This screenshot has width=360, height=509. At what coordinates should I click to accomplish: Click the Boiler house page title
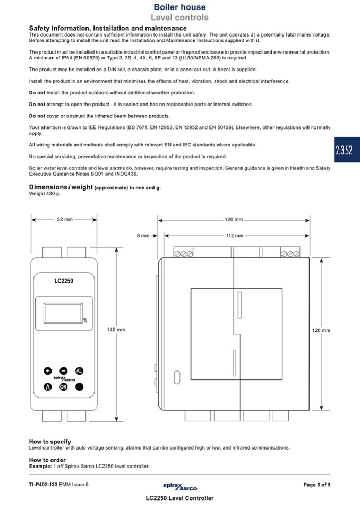tap(179, 7)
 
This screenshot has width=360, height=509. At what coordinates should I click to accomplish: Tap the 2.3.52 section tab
tap(344, 150)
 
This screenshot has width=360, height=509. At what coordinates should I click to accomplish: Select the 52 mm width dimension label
tap(64, 219)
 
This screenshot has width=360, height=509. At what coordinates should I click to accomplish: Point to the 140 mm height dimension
tap(116, 330)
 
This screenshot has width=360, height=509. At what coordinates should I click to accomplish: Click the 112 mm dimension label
tap(234, 235)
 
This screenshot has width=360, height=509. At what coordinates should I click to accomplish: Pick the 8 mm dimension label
tap(143, 235)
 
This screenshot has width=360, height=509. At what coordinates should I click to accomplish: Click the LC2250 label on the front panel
tap(64, 281)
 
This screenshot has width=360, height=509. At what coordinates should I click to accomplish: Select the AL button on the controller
tap(80, 370)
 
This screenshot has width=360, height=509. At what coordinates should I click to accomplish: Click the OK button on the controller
tap(64, 387)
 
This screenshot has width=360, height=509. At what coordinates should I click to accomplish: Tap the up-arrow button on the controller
tap(48, 387)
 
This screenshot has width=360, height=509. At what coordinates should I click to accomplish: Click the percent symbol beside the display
tap(84, 320)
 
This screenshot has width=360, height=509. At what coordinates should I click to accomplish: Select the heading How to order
tap(47, 460)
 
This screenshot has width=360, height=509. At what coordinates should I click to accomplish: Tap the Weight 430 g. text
tap(45, 194)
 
